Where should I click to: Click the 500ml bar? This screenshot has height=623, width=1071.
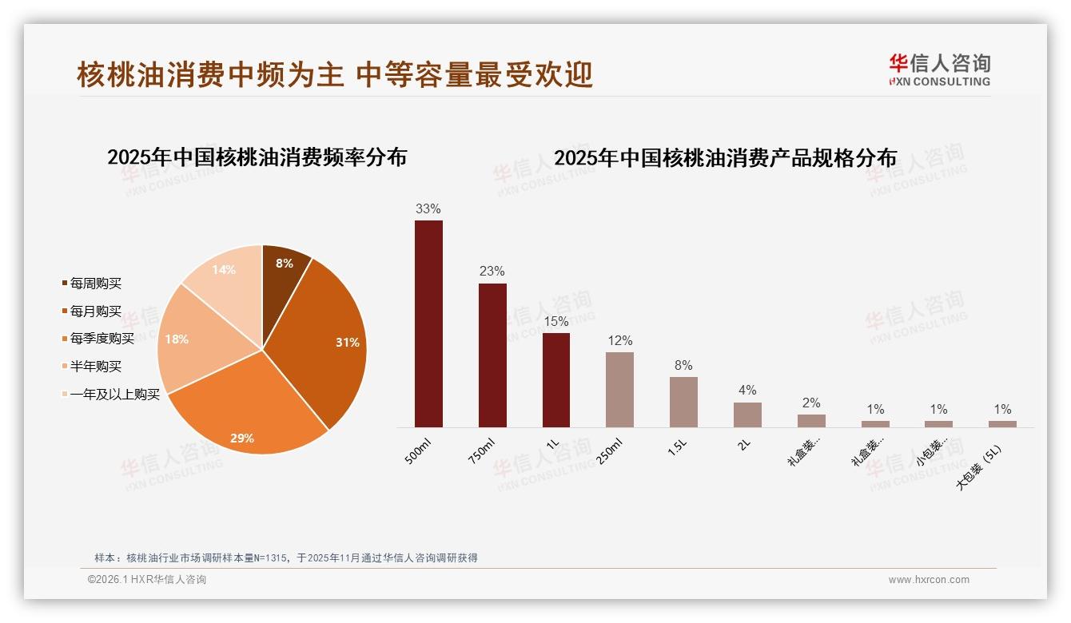[x=428, y=323]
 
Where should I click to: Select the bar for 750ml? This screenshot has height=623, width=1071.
[x=492, y=355]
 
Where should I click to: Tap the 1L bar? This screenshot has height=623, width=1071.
[x=556, y=380]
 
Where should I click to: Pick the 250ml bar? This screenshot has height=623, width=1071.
[x=619, y=390]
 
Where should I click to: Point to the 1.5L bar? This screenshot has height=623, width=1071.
[x=683, y=402]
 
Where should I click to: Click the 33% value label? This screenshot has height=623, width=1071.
[x=428, y=209]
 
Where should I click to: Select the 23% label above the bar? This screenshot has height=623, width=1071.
[x=492, y=272]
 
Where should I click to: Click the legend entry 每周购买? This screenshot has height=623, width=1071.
[x=95, y=284]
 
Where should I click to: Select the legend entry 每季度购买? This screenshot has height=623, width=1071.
[x=102, y=339]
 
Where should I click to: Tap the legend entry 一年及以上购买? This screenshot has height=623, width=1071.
[x=114, y=395]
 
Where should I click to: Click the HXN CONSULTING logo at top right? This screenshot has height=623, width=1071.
[x=939, y=70]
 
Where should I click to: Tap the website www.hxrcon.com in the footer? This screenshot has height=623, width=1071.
[x=929, y=580]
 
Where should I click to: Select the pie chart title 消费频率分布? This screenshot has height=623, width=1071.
[x=257, y=157]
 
